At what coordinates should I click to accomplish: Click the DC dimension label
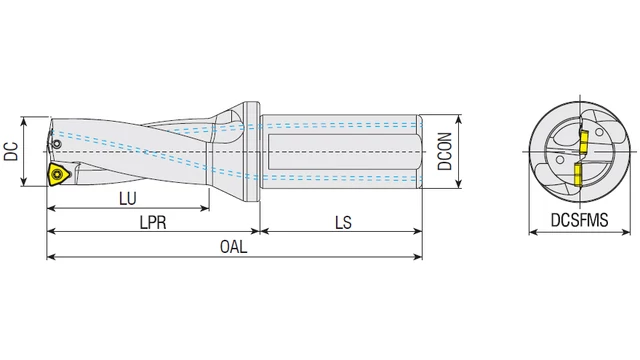11,151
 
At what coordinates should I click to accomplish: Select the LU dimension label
128,199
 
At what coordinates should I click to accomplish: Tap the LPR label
153,223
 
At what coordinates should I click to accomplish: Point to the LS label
343,223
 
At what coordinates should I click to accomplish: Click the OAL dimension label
233,247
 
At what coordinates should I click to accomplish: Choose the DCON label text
444,151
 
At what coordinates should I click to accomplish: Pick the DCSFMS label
580,220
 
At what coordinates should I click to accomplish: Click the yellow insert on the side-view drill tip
58,174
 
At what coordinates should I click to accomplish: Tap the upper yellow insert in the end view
584,140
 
